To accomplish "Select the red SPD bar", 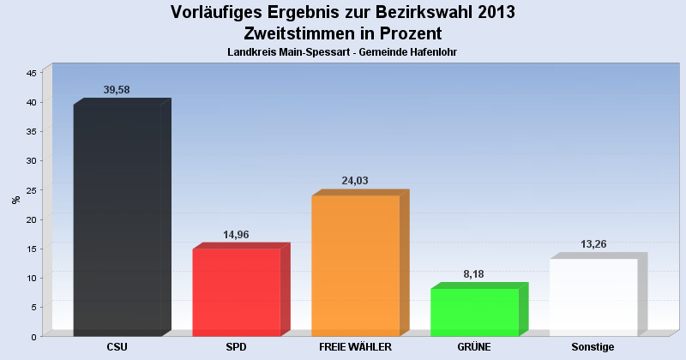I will coord(237,291).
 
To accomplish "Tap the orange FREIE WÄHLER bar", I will coord(356,265).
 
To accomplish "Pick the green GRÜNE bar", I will coord(474,312).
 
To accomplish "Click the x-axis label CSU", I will coord(117,347).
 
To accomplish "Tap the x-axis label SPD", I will coord(237,347).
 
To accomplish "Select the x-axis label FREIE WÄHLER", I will coord(355,347).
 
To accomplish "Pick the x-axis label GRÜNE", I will coord(474,347).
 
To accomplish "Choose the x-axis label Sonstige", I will coord(593,347).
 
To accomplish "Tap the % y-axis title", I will coord(15,200).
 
